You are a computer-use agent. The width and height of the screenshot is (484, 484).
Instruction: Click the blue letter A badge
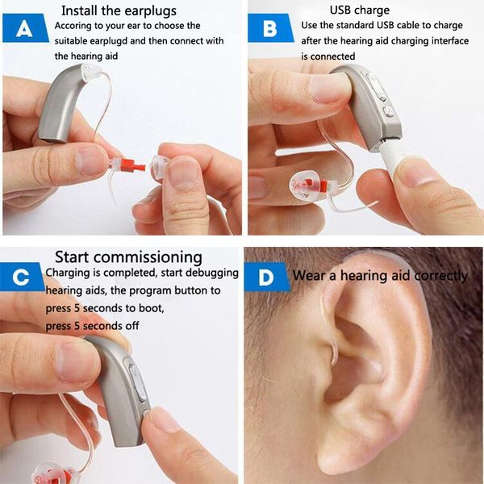(25, 28)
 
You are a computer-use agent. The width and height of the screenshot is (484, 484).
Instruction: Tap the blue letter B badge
(271, 28)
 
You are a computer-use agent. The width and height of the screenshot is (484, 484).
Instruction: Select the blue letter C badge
(22, 277)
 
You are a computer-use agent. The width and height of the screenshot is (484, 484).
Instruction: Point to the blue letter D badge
(267, 277)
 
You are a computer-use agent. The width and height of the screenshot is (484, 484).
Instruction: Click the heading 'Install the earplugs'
(119, 10)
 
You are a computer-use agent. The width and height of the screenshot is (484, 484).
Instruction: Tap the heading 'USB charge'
(360, 10)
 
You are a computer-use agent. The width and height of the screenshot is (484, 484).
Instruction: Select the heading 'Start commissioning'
(129, 257)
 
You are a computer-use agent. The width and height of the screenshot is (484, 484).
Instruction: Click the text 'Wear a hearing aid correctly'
(380, 276)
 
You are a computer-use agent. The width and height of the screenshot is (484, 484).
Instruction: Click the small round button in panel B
(388, 112)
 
